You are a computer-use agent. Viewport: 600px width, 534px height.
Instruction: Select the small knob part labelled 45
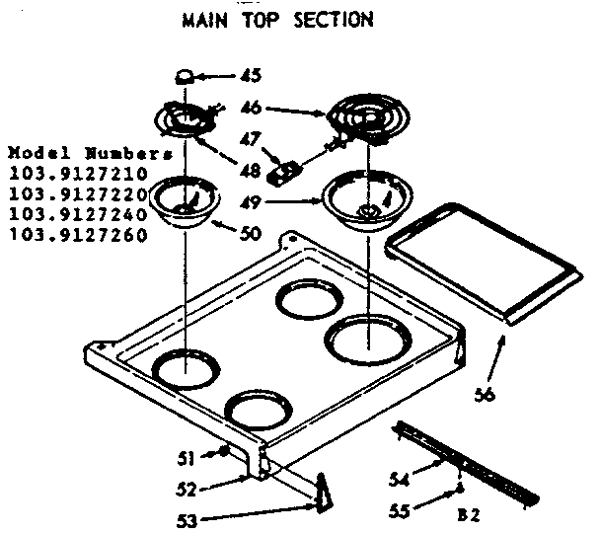tap(184, 76)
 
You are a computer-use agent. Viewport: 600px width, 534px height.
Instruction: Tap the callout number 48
tap(251, 171)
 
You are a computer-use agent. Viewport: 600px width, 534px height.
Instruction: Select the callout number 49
tap(252, 203)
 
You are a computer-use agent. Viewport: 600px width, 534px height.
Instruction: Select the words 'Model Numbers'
tap(90, 155)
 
